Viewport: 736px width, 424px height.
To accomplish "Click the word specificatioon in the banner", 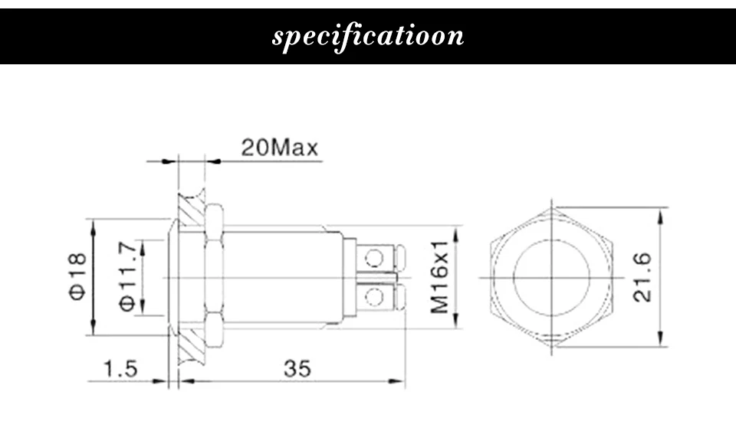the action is (368, 37).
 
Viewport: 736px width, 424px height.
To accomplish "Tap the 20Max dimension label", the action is (280, 148).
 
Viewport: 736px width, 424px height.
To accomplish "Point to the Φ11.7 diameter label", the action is (127, 276).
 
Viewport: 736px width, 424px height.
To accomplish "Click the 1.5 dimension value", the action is (120, 369).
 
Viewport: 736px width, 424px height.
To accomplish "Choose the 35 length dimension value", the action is (297, 369).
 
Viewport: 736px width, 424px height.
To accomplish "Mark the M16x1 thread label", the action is (440, 277).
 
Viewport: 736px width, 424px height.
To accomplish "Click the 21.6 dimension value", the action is (642, 277).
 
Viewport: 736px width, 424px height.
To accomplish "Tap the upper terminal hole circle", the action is (374, 258).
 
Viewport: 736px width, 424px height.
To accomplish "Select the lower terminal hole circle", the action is (374, 297).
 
